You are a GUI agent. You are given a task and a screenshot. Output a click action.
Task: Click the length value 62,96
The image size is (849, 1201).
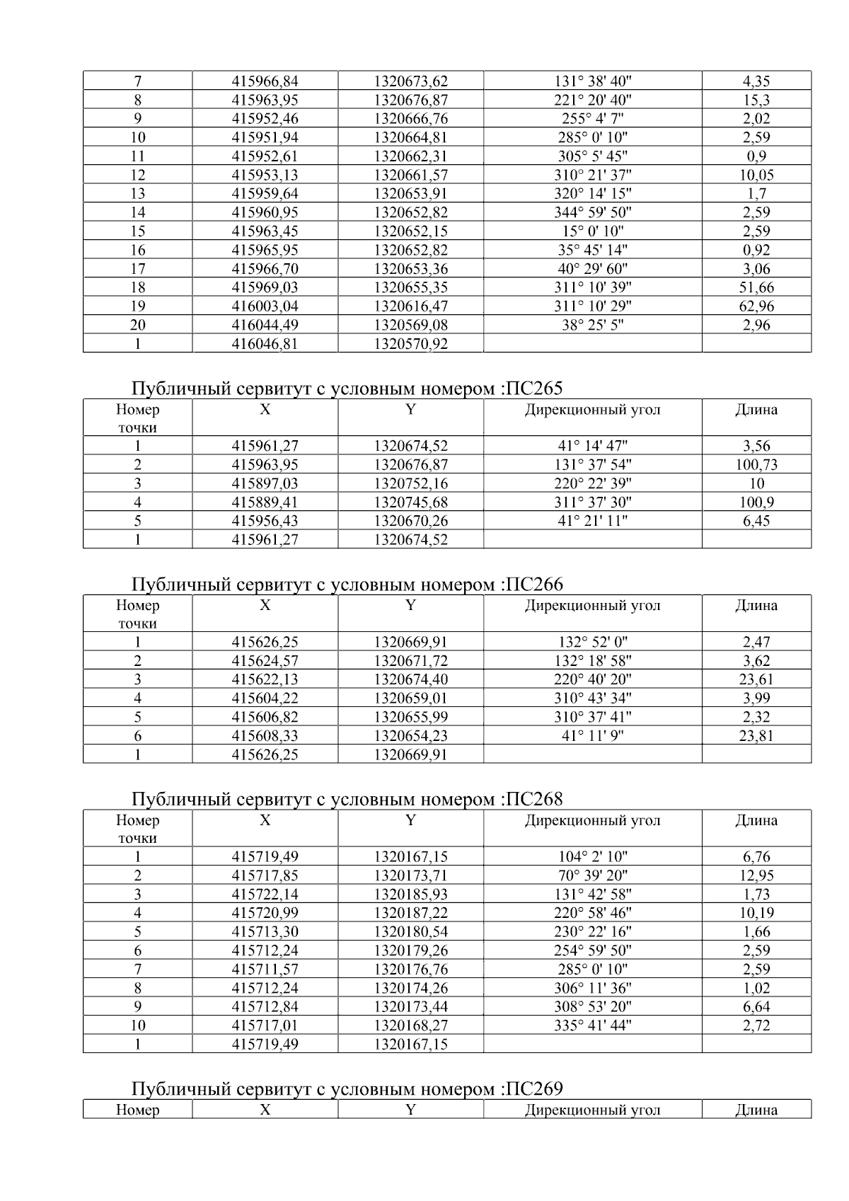coord(756,306)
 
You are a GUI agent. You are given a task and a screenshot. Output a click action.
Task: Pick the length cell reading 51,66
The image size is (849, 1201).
coord(756,287)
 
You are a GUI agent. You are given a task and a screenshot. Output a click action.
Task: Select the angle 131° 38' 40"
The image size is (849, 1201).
coord(593,81)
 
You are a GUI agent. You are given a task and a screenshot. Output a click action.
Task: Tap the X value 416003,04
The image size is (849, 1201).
coord(265,306)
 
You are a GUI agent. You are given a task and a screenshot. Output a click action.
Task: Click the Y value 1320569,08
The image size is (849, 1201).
coord(411,326)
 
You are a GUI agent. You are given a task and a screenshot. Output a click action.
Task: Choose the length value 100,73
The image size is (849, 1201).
coord(756,465)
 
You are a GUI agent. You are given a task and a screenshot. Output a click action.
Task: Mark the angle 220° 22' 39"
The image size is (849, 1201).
coord(593,484)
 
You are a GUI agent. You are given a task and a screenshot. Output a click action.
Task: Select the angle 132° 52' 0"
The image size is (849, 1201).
coord(593,643)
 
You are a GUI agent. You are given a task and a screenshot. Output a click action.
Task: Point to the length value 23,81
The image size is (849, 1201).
coord(756,736)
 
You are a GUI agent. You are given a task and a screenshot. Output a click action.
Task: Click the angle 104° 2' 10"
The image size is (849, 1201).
coord(593,857)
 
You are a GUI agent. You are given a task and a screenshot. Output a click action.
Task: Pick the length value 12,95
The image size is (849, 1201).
coord(756,875)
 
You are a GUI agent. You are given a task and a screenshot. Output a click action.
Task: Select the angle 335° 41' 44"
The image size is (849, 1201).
coord(593,1025)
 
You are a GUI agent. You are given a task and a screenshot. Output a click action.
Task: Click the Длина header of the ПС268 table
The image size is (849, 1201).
coord(756,821)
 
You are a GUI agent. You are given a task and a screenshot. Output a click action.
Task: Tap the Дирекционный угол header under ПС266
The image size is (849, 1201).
coord(593,606)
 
